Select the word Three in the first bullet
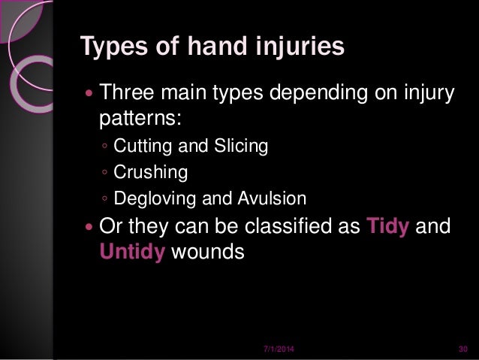[x=125, y=95]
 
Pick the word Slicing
[x=242, y=146]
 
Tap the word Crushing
[x=150, y=173]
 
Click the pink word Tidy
[x=390, y=228]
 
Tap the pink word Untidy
[x=133, y=252]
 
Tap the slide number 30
[x=462, y=350]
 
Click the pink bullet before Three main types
[x=90, y=96]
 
